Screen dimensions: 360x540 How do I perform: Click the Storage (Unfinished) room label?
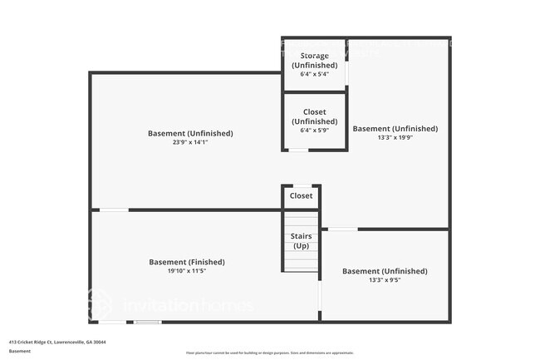click(x=313, y=61)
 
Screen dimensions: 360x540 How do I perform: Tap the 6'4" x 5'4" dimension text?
click(x=314, y=74)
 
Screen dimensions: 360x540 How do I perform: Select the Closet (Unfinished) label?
click(x=314, y=116)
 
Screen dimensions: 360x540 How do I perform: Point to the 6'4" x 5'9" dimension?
click(x=314, y=130)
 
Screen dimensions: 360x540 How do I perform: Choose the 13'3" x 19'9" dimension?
click(x=395, y=138)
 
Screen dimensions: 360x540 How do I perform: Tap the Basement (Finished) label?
click(x=187, y=262)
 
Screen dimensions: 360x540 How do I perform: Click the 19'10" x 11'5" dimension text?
click(x=187, y=271)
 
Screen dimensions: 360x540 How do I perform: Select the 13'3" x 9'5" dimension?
click(x=385, y=280)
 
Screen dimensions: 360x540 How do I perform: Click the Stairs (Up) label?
click(x=301, y=241)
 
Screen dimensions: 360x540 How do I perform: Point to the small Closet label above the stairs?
click(x=301, y=196)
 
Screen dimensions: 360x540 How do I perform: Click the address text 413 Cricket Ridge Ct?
click(x=57, y=342)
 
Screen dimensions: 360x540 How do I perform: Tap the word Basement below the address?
click(x=21, y=351)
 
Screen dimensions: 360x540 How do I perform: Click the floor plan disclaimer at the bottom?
click(x=270, y=353)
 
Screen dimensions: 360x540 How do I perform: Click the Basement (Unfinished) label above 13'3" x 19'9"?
click(x=395, y=129)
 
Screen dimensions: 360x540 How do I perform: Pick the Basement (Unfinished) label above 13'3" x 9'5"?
click(x=385, y=271)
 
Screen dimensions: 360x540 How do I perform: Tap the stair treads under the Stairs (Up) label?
click(x=301, y=259)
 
